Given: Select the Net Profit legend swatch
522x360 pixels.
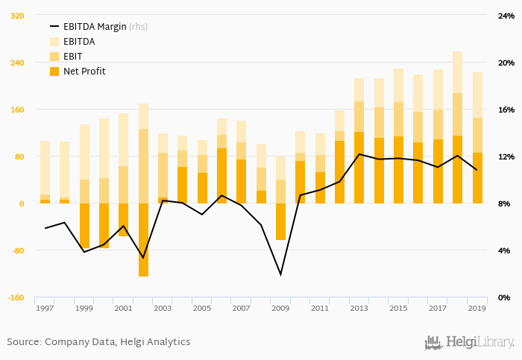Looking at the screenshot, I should [x=54, y=72].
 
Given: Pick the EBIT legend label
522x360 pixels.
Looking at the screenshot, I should [x=72, y=57].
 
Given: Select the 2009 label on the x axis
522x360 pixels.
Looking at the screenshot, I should [x=280, y=309].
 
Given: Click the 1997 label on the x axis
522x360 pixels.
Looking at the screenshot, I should [x=45, y=309].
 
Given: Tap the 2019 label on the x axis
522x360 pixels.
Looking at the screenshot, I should [x=477, y=309].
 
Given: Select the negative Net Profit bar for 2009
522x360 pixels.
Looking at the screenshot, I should [x=280, y=221].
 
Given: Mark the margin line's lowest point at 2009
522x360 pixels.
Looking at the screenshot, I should [x=280, y=274].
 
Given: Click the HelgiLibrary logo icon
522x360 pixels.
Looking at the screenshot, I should [x=433, y=342].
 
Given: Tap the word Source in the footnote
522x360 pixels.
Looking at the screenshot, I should [x=23, y=341].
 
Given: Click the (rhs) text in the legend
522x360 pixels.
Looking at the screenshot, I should [x=138, y=27].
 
